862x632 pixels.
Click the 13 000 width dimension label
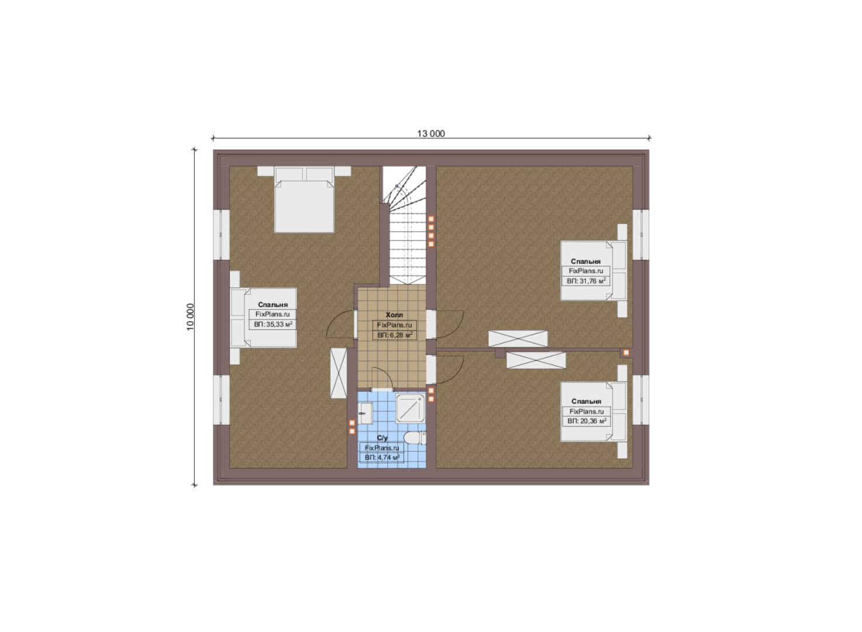pyautogui.click(x=431, y=133)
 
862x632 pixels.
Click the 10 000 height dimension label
pyautogui.click(x=191, y=317)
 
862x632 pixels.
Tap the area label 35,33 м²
pyautogui.click(x=273, y=324)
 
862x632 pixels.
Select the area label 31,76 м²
pyautogui.click(x=586, y=281)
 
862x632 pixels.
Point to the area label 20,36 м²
pyautogui.click(x=587, y=421)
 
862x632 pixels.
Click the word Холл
pyautogui.click(x=394, y=315)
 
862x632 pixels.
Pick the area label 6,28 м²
pyautogui.click(x=395, y=335)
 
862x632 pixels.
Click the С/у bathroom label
pyautogui.click(x=382, y=438)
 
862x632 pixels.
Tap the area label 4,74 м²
pyautogui.click(x=382, y=458)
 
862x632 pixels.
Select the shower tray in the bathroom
pyautogui.click(x=410, y=408)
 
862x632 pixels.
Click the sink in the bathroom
pyautogui.click(x=365, y=413)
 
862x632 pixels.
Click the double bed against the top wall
pyautogui.click(x=304, y=200)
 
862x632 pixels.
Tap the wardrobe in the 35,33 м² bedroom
pyautogui.click(x=339, y=373)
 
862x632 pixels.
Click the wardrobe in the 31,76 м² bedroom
pyautogui.click(x=518, y=339)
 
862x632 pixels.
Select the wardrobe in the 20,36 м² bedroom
pyautogui.click(x=536, y=360)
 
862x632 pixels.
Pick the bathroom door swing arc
pyautogui.click(x=382, y=378)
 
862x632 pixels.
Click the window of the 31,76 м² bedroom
pyautogui.click(x=641, y=235)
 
